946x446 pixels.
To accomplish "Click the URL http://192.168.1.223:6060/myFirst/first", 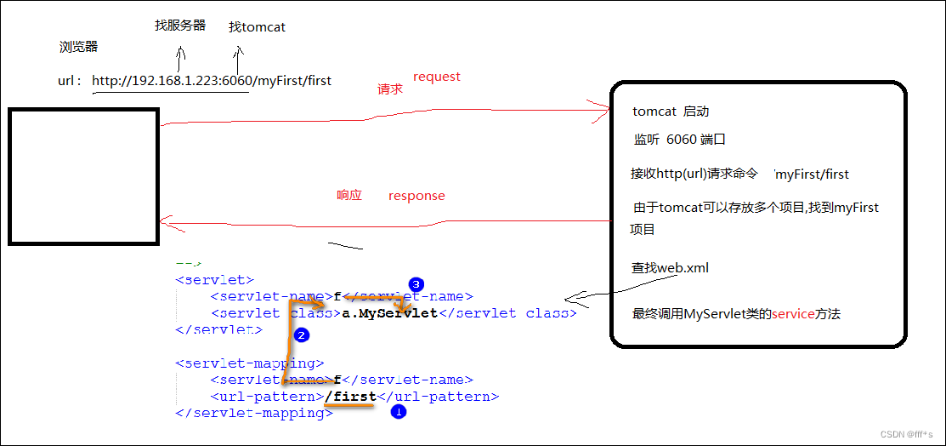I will click(x=212, y=81).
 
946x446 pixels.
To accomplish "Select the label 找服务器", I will click(x=180, y=26).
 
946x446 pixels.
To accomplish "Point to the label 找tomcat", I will click(x=257, y=27).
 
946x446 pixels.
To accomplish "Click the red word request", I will click(x=437, y=77).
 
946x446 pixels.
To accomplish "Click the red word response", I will click(x=416, y=196).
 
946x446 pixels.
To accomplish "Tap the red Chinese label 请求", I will click(x=390, y=89).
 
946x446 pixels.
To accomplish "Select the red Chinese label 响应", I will click(x=349, y=195).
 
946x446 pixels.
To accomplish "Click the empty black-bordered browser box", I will click(x=83, y=176).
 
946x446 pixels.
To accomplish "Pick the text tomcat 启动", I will click(x=671, y=111).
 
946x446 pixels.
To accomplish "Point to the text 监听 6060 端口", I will click(x=680, y=140).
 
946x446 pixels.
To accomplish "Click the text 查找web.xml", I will click(x=670, y=268).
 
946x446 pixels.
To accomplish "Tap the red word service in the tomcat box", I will click(x=793, y=314).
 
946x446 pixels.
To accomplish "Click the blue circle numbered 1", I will click(x=398, y=413).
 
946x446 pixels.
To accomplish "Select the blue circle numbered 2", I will click(x=300, y=335).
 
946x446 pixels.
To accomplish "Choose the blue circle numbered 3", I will click(x=416, y=283).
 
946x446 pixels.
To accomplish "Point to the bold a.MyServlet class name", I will click(x=389, y=312).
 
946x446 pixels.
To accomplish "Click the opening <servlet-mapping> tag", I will click(x=250, y=363).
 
